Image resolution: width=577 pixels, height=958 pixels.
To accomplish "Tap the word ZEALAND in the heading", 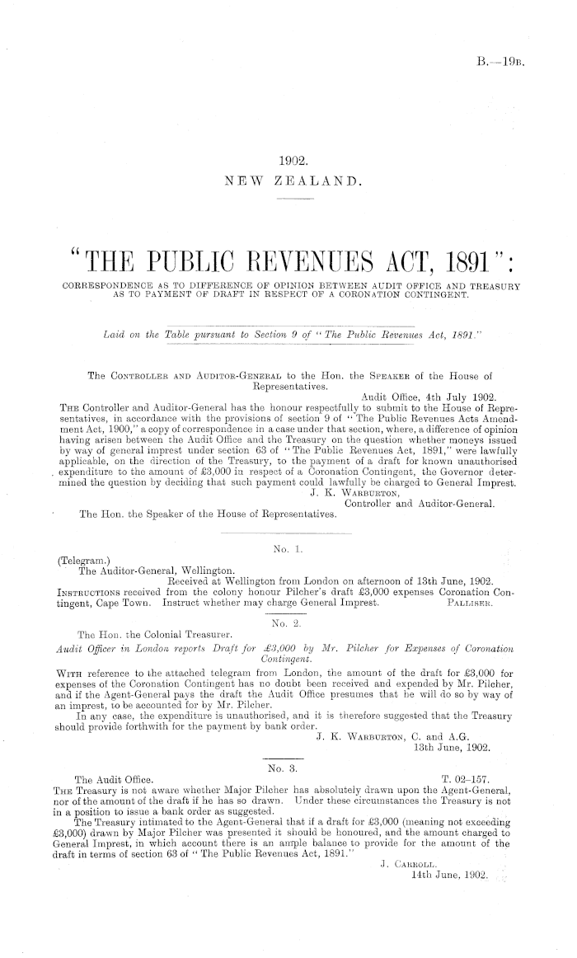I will pyautogui.click(x=321, y=181).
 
